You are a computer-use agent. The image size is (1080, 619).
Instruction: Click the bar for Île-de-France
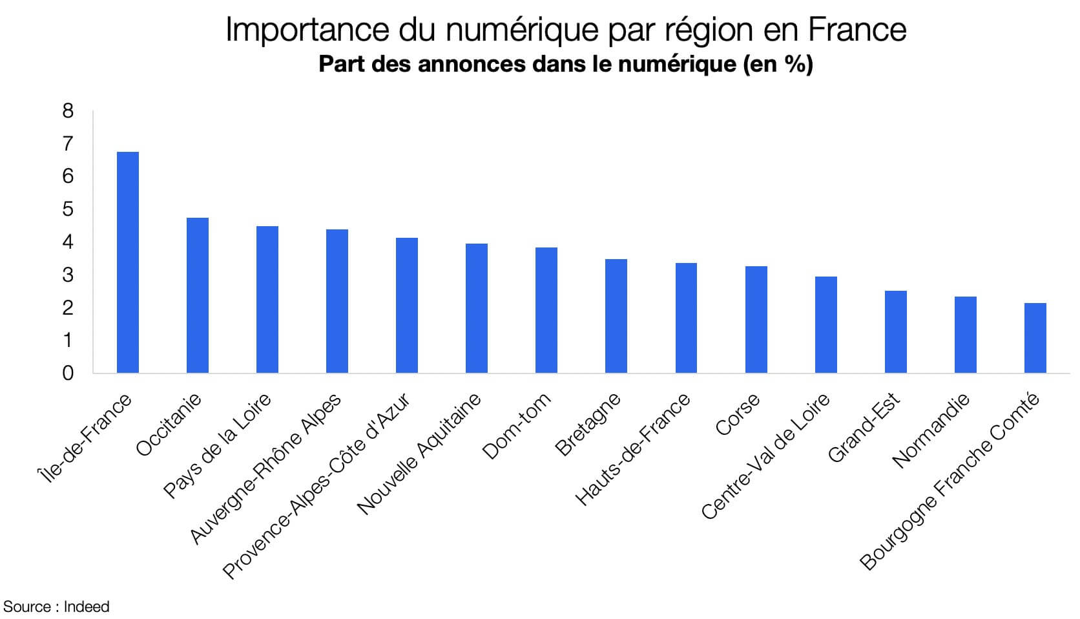pyautogui.click(x=127, y=262)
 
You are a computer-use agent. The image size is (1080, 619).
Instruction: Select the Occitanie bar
pyautogui.click(x=197, y=295)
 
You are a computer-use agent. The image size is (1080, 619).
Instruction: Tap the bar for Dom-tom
pyautogui.click(x=546, y=310)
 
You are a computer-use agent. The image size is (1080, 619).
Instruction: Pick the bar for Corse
pyautogui.click(x=756, y=319)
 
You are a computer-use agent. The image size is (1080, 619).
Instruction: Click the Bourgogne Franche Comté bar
pyautogui.click(x=1035, y=338)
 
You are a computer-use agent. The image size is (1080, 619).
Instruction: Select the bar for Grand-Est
pyautogui.click(x=895, y=331)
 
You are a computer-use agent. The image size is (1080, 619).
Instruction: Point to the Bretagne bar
pyautogui.click(x=616, y=316)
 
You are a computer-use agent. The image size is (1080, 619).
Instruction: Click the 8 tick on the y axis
pyautogui.click(x=68, y=111)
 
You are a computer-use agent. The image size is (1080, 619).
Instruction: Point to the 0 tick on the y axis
pyautogui.click(x=68, y=373)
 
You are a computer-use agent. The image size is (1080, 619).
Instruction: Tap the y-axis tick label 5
pyautogui.click(x=68, y=209)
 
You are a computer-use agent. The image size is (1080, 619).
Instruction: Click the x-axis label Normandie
pyautogui.click(x=931, y=430)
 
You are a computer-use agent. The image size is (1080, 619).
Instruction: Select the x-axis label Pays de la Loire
pyautogui.click(x=216, y=446)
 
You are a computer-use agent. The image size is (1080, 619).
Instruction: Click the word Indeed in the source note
pyautogui.click(x=87, y=607)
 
